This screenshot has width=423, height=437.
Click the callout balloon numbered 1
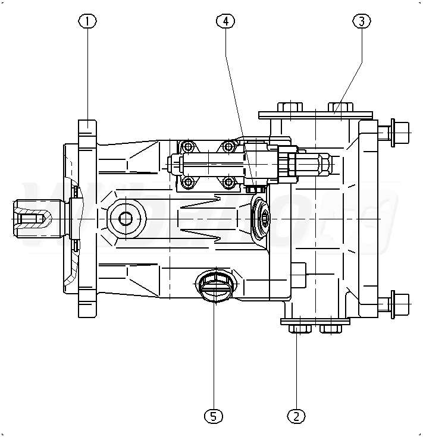point(87,21)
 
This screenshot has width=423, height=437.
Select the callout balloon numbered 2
point(296,415)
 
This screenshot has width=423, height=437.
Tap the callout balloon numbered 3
point(362,21)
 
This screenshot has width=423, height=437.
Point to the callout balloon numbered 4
point(225,21)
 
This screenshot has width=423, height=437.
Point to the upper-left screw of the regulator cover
point(189,147)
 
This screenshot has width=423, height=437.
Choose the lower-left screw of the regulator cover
point(189,181)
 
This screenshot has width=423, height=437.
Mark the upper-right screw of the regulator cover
point(228,146)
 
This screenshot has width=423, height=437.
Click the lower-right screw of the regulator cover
point(228,181)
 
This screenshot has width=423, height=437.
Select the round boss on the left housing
point(126,219)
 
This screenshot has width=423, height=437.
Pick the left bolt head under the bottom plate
point(299,329)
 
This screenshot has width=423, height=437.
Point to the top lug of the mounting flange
point(87,128)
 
